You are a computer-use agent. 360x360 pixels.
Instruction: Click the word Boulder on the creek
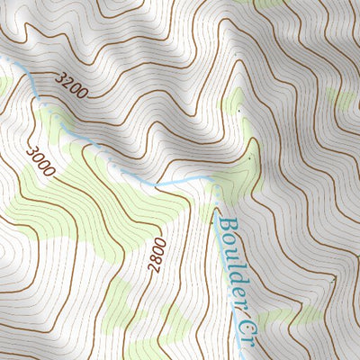(231, 260)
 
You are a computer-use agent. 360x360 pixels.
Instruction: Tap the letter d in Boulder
(232, 268)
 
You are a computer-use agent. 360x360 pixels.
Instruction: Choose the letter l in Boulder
(231, 257)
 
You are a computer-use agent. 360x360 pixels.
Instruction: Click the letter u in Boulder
(229, 247)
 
